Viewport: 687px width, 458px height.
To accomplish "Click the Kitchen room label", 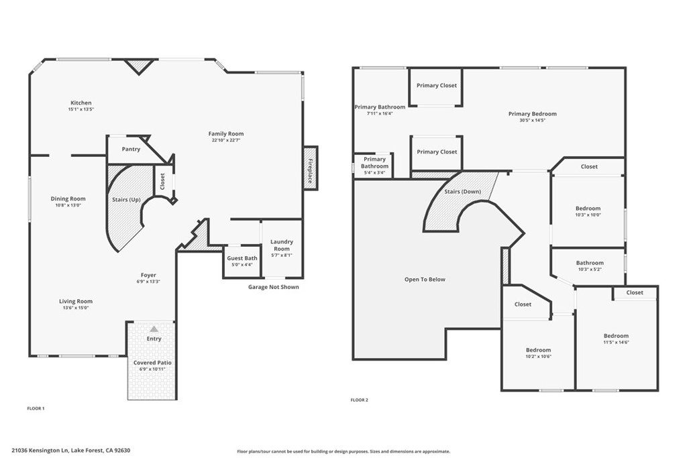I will (x=81, y=103).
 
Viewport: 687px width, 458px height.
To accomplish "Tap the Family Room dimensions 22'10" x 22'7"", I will (x=225, y=140).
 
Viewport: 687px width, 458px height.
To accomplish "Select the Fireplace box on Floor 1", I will (x=310, y=168).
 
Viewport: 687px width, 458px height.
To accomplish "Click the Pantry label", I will (x=131, y=149).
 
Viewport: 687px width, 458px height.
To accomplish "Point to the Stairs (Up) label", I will (x=126, y=199).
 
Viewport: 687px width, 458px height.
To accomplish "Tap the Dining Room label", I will (x=68, y=198).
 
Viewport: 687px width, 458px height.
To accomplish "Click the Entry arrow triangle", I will (x=154, y=329).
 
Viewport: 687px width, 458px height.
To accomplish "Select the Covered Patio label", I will (x=152, y=362).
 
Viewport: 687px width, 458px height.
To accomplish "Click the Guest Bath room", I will (x=242, y=261).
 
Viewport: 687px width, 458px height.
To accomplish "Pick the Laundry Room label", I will (x=282, y=245).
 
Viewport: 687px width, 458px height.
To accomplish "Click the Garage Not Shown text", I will (x=274, y=287).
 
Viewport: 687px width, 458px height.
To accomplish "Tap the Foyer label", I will (x=148, y=275).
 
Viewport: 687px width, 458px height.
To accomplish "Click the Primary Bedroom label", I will (x=532, y=114).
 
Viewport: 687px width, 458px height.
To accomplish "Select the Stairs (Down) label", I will (x=463, y=192).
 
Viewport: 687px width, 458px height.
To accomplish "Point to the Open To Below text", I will (x=425, y=279).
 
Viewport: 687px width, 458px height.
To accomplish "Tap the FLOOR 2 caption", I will (x=359, y=400).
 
